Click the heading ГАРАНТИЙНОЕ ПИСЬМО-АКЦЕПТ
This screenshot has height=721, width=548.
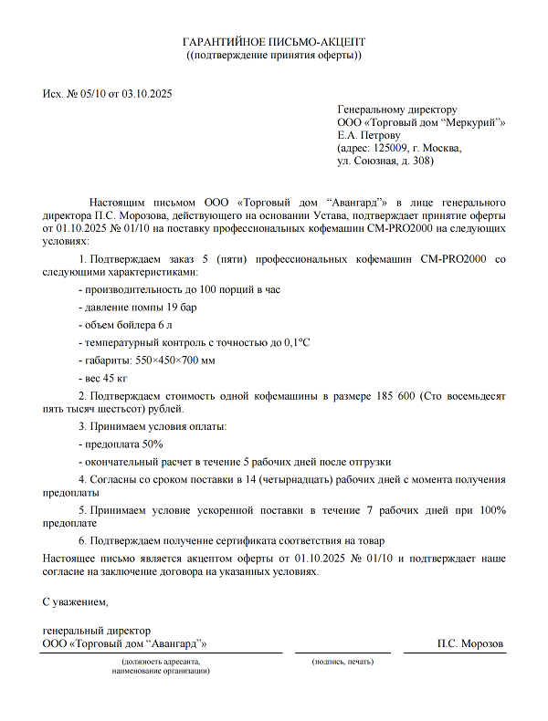[274, 42]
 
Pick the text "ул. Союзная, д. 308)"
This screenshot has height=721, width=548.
[385, 161]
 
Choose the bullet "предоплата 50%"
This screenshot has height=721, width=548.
[121, 444]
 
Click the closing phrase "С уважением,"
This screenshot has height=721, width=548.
[76, 602]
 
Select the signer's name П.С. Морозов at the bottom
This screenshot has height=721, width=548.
[470, 643]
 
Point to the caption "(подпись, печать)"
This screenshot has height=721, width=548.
[342, 660]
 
